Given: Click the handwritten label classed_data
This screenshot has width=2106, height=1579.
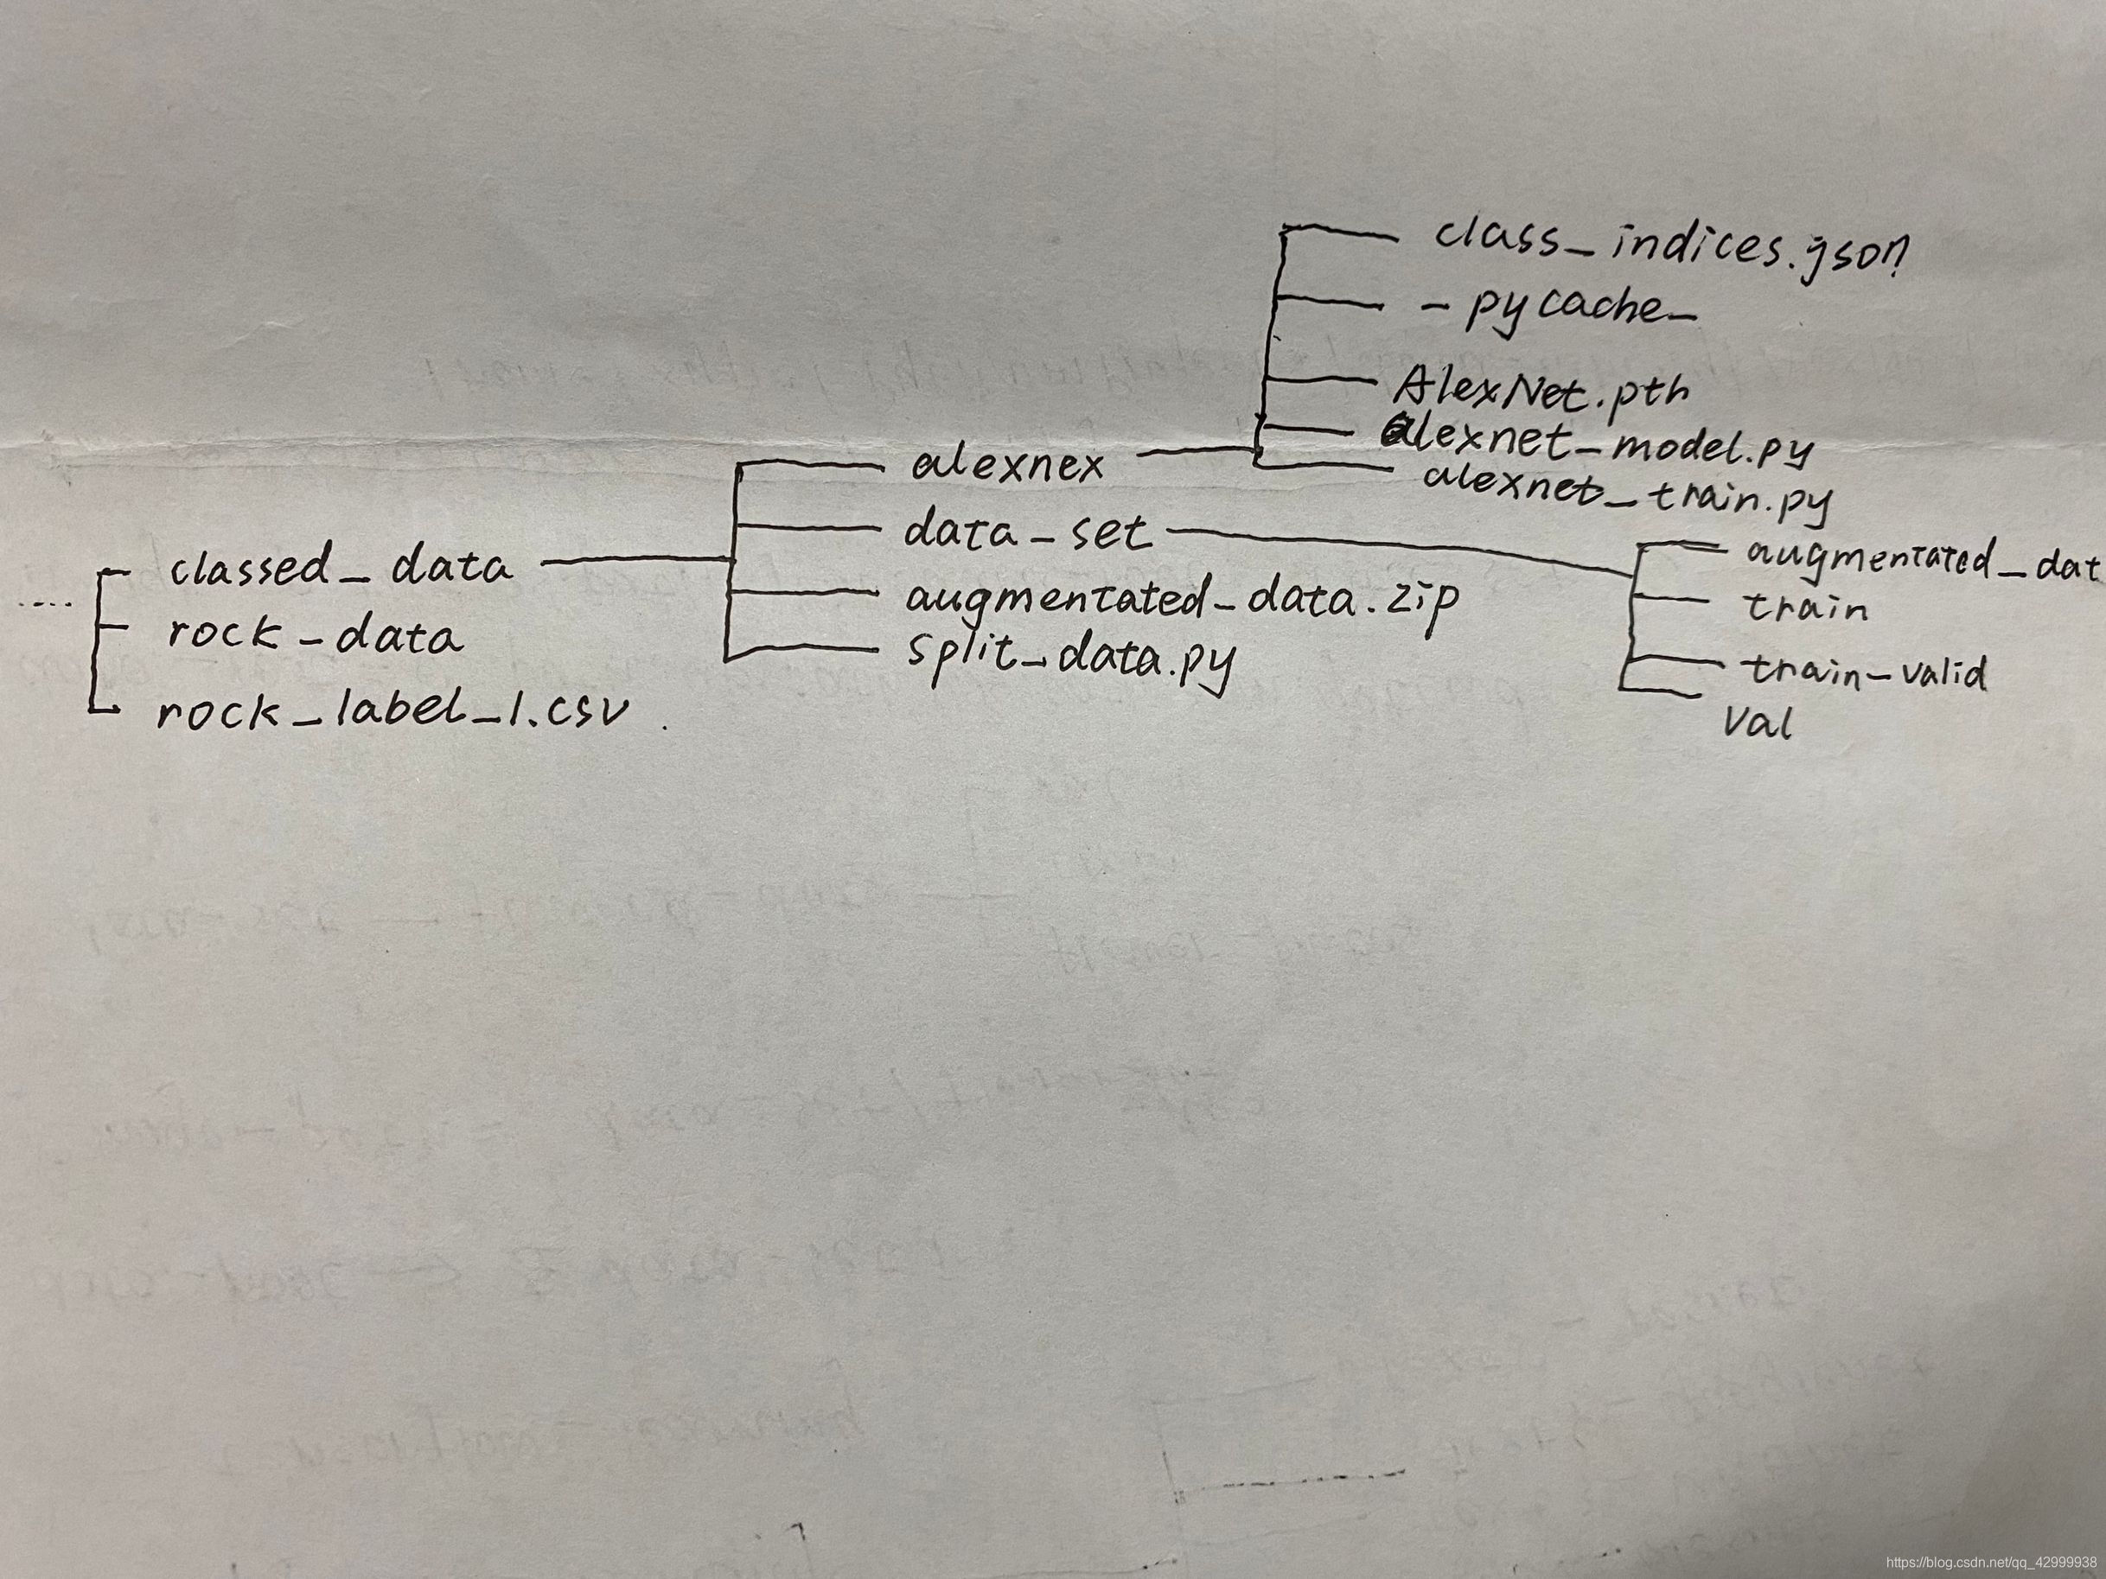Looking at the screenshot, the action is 340,568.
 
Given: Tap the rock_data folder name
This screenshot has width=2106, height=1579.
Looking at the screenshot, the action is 316,635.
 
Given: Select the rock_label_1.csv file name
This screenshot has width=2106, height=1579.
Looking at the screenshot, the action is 393,711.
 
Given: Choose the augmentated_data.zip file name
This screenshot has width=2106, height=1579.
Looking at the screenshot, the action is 1181,600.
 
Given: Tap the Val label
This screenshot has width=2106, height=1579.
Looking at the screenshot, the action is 1758,725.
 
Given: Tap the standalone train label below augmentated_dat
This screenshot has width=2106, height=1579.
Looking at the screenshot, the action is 1805,608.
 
